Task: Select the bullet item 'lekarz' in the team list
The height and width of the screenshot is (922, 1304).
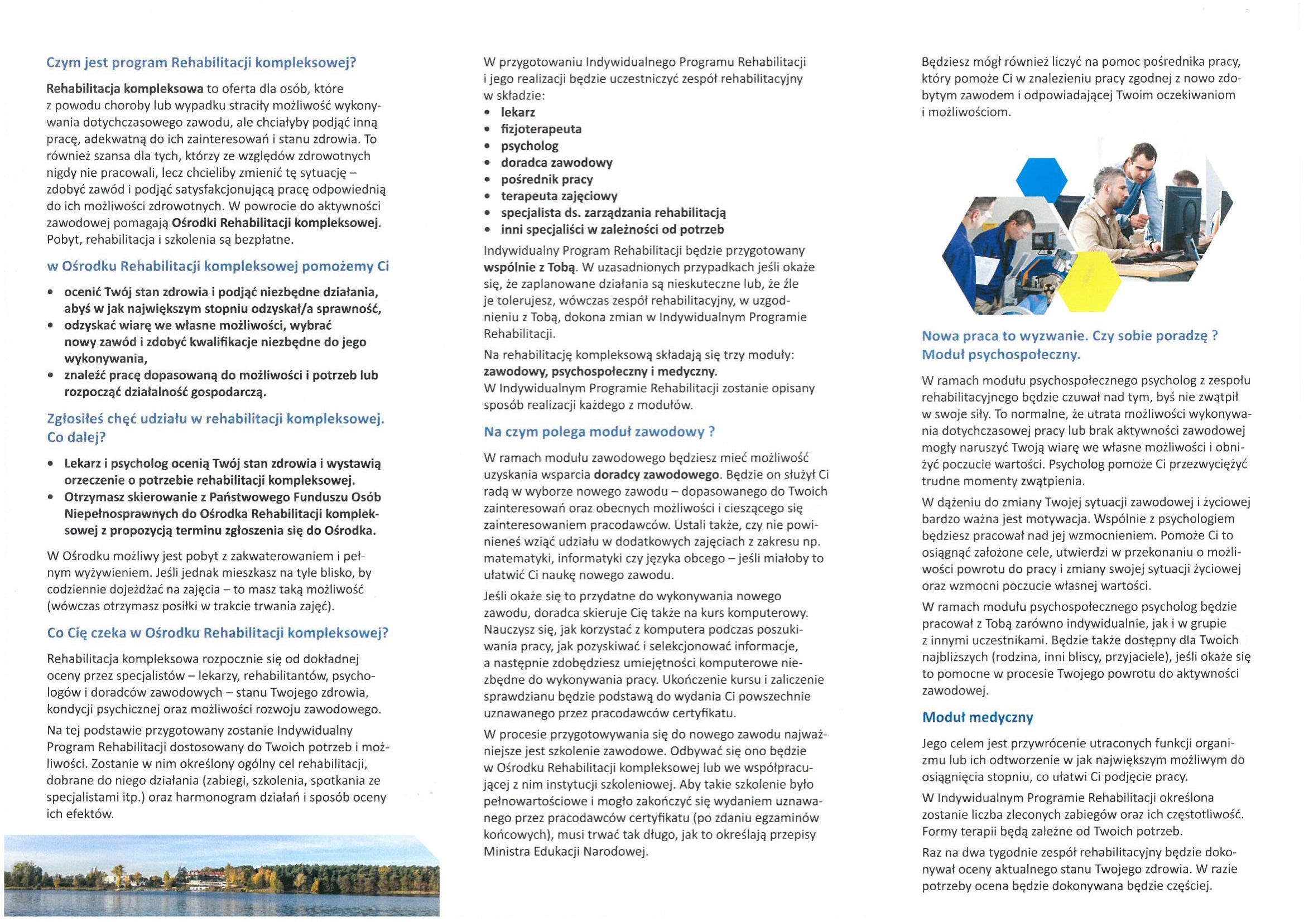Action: pos(517,113)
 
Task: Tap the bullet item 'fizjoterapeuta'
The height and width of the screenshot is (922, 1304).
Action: pos(541,129)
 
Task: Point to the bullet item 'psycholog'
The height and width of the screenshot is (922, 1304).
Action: pos(530,146)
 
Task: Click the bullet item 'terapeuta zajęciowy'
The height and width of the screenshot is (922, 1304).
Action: pos(559,196)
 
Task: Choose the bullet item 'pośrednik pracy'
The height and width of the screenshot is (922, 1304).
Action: pos(546,180)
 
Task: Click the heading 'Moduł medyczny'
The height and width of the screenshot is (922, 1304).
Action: pos(977,717)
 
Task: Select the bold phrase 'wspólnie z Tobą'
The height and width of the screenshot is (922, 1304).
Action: pos(530,267)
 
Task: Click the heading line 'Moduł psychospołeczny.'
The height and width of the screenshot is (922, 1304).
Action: pos(1000,355)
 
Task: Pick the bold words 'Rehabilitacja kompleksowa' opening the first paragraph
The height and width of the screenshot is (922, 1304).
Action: pos(124,89)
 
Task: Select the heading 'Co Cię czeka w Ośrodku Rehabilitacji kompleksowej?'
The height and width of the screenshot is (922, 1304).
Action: pos(218,633)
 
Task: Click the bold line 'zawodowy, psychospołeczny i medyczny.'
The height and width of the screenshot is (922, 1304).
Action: pos(600,371)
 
